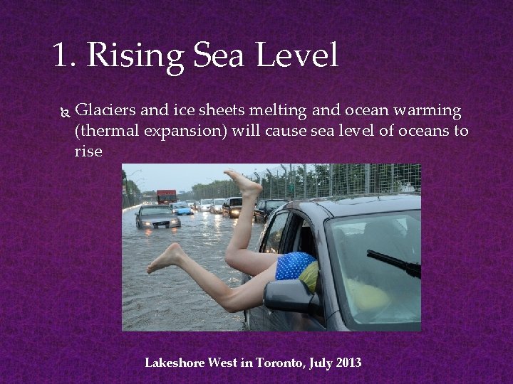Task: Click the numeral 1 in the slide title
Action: tap(63, 56)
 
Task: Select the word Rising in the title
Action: tap(130, 56)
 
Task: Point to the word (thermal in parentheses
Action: tap(106, 132)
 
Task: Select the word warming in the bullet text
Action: tap(426, 111)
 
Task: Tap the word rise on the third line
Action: tap(88, 151)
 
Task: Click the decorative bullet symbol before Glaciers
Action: tap(63, 112)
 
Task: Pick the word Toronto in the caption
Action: tap(280, 363)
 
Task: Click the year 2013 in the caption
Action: tap(347, 363)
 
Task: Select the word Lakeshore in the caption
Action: tap(175, 363)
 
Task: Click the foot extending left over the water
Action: tap(163, 260)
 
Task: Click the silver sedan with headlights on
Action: tap(157, 216)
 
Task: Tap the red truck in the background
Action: tap(166, 196)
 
